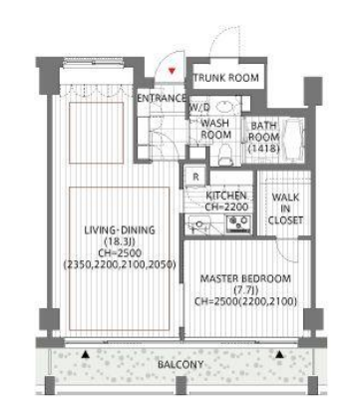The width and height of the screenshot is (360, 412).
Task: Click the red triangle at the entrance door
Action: tap(172, 71)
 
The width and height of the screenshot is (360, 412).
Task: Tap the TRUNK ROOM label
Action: tap(226, 78)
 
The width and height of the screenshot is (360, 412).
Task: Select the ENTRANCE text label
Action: tap(162, 98)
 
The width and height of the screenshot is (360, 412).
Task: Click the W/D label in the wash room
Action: tap(199, 107)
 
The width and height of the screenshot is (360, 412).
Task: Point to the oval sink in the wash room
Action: tap(226, 107)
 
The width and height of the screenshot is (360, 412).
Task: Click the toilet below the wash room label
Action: tap(225, 155)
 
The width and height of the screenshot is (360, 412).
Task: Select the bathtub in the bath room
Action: tap(294, 139)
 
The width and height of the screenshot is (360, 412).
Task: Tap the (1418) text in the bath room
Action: tap(264, 149)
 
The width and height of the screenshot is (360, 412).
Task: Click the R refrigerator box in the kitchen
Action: tap(195, 177)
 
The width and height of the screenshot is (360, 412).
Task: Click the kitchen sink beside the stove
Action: tap(198, 224)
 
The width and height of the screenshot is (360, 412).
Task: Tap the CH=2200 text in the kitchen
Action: tap(226, 206)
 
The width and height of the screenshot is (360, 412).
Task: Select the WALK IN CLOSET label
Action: tap(285, 208)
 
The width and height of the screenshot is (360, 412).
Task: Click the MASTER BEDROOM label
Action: tap(245, 278)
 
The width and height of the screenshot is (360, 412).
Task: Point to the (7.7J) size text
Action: tap(246, 290)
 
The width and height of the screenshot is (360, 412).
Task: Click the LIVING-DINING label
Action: tap(120, 229)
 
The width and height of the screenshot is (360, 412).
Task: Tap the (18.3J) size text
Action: tap(120, 241)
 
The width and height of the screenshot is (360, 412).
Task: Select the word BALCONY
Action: tap(180, 364)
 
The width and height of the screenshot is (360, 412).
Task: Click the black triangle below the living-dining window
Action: tap(86, 354)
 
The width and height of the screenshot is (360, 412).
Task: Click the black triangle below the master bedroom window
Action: tap(280, 354)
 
